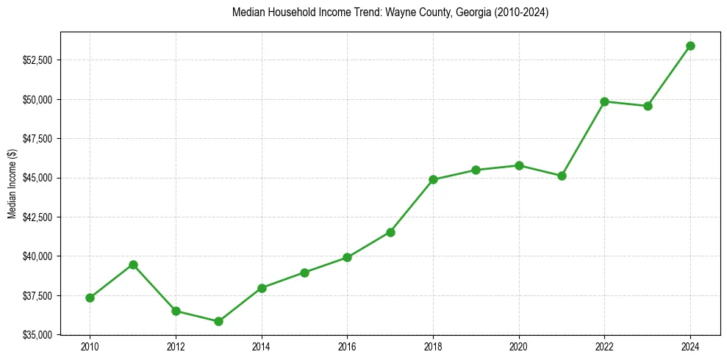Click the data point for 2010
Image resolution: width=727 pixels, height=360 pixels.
coord(90,298)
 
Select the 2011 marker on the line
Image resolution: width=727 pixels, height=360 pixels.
coord(133,264)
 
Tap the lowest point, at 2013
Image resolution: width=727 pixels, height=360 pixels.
coord(218,321)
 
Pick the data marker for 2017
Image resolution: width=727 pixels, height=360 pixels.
coord(390,232)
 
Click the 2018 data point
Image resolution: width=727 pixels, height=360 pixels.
coord(433,179)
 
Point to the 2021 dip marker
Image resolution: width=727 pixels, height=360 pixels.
coord(562,176)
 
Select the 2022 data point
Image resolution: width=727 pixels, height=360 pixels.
coord(604,101)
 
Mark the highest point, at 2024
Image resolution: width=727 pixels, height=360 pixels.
coord(690,46)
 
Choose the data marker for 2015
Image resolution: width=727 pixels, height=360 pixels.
coord(304,273)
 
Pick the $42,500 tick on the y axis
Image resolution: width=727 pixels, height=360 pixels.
coord(37,217)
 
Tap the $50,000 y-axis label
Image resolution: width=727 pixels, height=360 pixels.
coord(37,99)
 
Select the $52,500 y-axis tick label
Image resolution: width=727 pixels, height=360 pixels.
coord(37,60)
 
